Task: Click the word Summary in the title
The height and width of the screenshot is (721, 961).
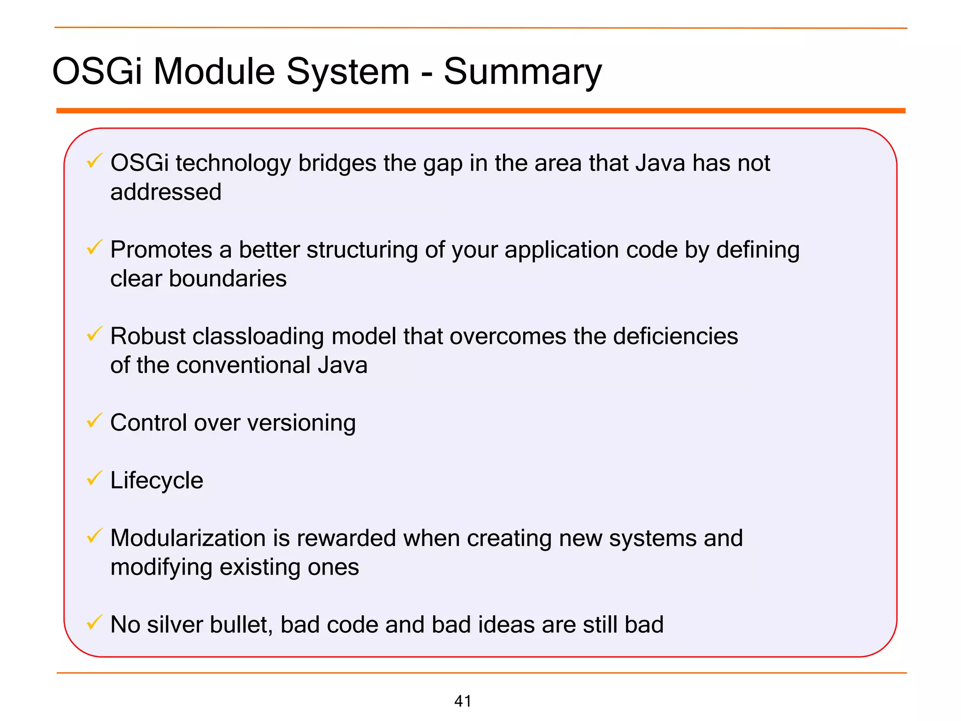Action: pos(522,72)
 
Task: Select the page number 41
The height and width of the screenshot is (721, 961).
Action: pos(463,701)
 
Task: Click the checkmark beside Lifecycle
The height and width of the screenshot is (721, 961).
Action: pos(94,478)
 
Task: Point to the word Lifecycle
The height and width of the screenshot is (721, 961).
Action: pos(157,481)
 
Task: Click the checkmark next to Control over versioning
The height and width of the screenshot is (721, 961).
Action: pos(94,421)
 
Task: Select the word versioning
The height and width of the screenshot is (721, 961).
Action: pos(301,423)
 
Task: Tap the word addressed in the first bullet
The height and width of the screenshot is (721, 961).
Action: pos(166,192)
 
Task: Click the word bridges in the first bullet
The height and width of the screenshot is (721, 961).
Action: pos(337,163)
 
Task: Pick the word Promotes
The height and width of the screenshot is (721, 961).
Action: pos(161,250)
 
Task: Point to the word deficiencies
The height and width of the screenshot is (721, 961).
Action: pos(675,337)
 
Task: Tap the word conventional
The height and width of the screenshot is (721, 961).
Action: pos(243,365)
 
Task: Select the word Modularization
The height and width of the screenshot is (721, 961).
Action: pos(188,538)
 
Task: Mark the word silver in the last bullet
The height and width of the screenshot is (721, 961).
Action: pos(174,625)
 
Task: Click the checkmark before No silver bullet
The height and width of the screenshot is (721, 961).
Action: pos(94,622)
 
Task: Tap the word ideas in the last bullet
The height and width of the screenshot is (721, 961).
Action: pos(507,625)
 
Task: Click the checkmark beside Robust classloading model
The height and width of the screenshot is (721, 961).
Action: pos(94,334)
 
